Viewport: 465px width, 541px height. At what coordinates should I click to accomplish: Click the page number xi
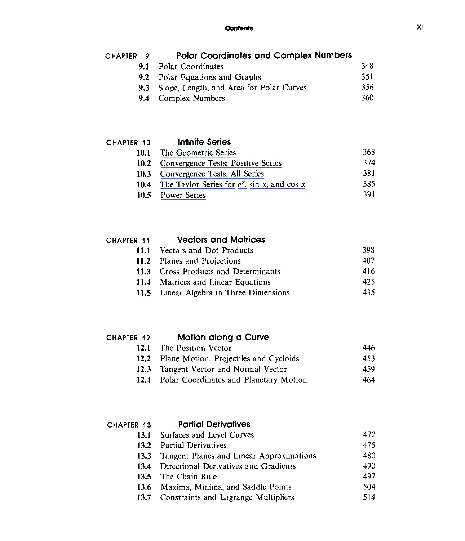pyautogui.click(x=420, y=27)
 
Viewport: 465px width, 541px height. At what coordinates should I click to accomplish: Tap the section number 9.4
pyautogui.click(x=144, y=99)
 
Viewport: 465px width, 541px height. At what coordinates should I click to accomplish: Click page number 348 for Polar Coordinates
pyautogui.click(x=367, y=66)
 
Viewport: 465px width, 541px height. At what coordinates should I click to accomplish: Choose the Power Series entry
pyautogui.click(x=183, y=195)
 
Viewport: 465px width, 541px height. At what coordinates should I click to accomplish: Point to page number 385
pyautogui.click(x=369, y=184)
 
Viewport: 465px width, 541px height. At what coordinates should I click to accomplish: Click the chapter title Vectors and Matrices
pyautogui.click(x=221, y=240)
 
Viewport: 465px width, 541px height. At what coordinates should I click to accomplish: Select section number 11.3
pyautogui.click(x=143, y=272)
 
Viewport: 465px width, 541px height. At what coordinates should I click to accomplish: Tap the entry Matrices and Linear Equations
pyautogui.click(x=215, y=282)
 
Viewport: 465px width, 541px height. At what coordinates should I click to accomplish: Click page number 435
pyautogui.click(x=368, y=292)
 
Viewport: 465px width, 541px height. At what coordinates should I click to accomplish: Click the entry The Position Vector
pyautogui.click(x=195, y=348)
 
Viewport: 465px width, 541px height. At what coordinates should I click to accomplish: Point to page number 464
pyautogui.click(x=368, y=380)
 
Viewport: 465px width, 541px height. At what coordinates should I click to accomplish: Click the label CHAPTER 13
pyautogui.click(x=129, y=425)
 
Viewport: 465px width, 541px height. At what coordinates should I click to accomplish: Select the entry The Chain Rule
pyautogui.click(x=188, y=477)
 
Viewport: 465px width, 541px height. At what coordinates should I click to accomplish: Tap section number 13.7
pyautogui.click(x=144, y=497)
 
